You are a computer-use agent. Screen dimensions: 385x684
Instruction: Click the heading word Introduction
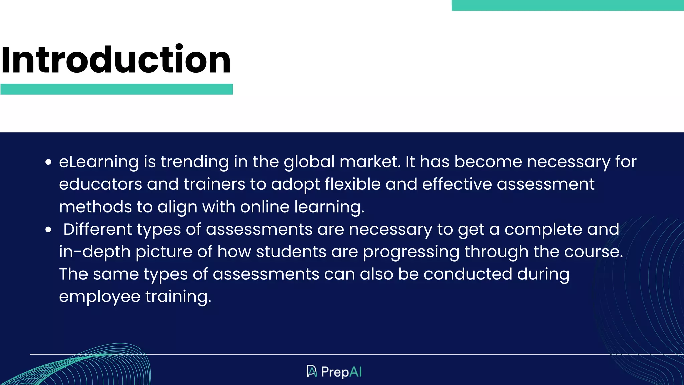coord(116,60)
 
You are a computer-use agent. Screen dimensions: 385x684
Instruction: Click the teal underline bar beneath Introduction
coord(117,89)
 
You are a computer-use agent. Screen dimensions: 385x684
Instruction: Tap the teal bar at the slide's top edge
coord(567,5)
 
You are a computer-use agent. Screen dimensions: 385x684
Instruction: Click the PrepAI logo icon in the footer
coord(312,371)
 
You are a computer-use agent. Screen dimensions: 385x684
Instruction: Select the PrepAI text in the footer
coord(341,372)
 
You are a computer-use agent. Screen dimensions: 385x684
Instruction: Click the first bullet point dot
coord(48,162)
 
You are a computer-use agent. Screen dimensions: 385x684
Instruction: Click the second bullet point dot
coord(48,230)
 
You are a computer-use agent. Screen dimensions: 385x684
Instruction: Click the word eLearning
coord(99,162)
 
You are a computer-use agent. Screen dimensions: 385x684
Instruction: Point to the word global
coord(309,162)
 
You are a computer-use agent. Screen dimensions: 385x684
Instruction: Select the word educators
coord(101,184)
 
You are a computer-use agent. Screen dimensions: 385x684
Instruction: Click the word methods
coord(96,207)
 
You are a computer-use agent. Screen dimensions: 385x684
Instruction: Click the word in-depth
coord(95,252)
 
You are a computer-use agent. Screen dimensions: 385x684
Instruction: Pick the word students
coord(291,252)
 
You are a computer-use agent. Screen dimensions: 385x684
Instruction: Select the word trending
coord(195,162)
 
